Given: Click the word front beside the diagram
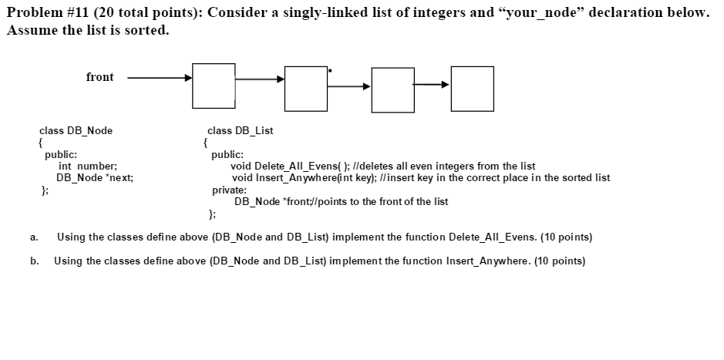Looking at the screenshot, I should (x=99, y=77).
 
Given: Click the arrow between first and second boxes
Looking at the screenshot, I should (x=260, y=79).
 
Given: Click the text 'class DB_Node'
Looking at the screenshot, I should (x=76, y=130).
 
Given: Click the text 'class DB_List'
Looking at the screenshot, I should (x=240, y=130).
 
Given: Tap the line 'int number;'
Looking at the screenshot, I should (x=88, y=166).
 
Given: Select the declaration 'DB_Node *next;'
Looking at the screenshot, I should (x=95, y=177).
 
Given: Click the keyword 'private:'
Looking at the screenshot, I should (x=229, y=189).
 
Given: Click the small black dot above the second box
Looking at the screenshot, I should (x=330, y=71).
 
